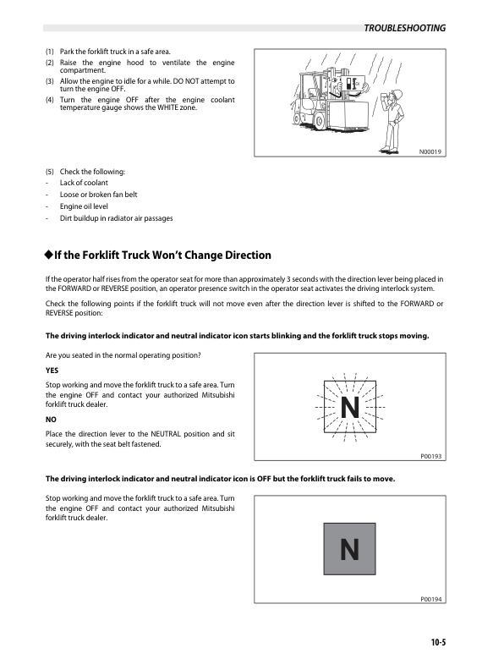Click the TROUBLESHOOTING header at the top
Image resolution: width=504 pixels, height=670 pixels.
point(404,28)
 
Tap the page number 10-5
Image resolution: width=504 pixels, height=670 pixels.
point(438,642)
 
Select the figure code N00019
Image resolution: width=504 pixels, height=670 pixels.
point(430,151)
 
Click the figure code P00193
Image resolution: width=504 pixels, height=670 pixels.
point(431,456)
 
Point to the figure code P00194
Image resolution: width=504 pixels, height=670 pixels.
point(431,599)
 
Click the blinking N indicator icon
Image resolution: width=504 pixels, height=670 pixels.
point(350,407)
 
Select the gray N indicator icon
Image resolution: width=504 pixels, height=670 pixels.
point(349,549)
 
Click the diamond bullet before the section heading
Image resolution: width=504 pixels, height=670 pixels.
point(48,255)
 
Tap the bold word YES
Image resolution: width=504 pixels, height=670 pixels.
point(52,371)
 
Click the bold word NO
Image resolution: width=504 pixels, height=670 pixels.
point(51,420)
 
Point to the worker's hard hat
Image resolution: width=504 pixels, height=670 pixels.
point(397,94)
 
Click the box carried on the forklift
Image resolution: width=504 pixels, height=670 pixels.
point(349,114)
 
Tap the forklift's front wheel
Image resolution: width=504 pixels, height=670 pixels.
point(319,122)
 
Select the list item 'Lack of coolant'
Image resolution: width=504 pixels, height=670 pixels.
point(84,183)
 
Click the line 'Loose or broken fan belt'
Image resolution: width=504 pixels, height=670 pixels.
point(98,195)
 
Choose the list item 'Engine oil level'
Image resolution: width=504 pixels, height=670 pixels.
point(84,206)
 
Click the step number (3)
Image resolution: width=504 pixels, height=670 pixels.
point(50,81)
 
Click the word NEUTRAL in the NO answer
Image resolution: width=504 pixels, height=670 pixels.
point(166,434)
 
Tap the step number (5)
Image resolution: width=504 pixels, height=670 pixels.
point(50,172)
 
